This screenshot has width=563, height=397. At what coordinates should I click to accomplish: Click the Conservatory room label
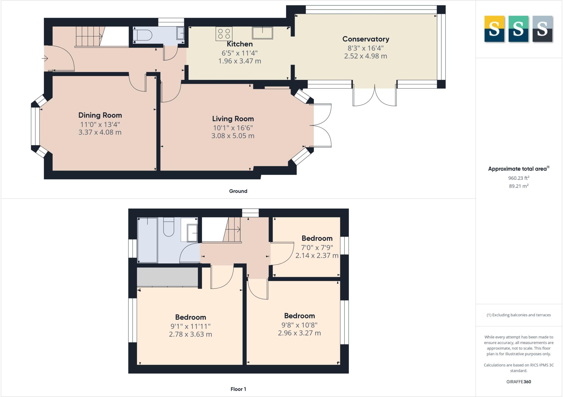366,39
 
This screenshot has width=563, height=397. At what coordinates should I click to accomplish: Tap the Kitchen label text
239,44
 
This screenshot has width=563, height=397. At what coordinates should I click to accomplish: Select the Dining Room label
100,115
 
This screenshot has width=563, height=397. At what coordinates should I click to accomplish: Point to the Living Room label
233,119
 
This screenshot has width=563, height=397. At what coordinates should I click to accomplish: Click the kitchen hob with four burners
224,33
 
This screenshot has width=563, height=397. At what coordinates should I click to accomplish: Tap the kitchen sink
262,33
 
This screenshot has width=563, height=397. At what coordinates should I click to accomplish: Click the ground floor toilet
142,35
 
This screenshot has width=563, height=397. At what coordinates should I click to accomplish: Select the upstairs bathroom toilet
169,227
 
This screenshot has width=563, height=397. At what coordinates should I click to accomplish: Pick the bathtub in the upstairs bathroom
147,240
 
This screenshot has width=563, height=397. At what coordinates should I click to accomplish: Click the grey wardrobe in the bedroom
167,277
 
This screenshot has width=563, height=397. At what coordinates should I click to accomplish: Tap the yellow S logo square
494,29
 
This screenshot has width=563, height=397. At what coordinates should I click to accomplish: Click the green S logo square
518,29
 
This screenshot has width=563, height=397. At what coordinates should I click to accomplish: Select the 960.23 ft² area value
518,178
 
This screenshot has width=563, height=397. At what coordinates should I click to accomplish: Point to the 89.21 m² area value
518,186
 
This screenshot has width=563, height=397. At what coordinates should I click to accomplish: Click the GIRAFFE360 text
518,382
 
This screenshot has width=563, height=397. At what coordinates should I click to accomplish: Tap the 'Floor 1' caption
238,389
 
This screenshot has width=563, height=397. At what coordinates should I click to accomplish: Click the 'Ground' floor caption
238,191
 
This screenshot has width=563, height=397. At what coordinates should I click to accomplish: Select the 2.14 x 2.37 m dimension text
317,256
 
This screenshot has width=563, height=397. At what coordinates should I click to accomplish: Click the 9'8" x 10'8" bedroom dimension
299,325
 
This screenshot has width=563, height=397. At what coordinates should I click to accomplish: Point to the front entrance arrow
45,58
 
